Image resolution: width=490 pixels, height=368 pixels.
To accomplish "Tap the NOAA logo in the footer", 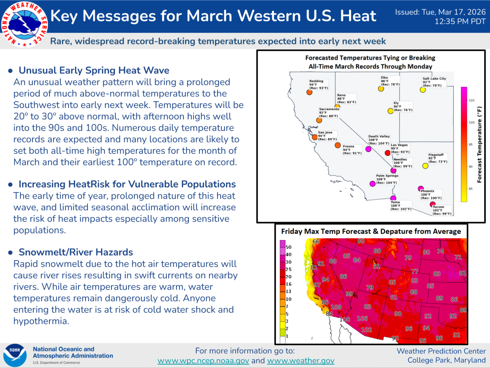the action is coord(15,355).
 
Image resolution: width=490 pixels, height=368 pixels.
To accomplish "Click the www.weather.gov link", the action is coord(301,360).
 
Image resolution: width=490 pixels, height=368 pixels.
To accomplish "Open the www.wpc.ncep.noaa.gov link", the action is coord(203,360).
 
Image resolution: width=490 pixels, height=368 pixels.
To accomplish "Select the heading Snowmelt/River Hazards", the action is coord(76,252).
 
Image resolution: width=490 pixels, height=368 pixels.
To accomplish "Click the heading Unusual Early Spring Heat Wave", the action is coord(94,70).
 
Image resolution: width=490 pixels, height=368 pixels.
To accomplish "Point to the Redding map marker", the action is coord(309,92).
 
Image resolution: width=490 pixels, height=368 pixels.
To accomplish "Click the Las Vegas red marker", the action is coord(387,153).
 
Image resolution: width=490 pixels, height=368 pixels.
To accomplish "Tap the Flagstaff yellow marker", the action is coord(425,166).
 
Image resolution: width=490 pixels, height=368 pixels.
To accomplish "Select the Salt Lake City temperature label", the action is coord(434,82).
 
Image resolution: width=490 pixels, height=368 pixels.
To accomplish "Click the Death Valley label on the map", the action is coord(379,140).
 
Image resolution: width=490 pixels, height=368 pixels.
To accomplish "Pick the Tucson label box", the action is coord(442,210).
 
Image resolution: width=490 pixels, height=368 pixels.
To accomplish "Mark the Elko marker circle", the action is coord(381,89).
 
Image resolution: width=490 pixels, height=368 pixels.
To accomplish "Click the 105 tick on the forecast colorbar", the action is coord(471,100).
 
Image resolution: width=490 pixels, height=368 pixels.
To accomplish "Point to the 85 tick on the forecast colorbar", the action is coord(470,189).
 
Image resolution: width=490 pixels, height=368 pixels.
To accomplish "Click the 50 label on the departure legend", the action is coord(288,247).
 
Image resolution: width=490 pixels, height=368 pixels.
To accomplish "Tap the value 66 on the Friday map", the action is coord(316,241).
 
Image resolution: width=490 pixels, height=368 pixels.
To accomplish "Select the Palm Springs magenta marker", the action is coord(372,184).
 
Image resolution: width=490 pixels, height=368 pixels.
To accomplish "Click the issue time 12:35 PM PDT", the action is coord(460,22).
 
